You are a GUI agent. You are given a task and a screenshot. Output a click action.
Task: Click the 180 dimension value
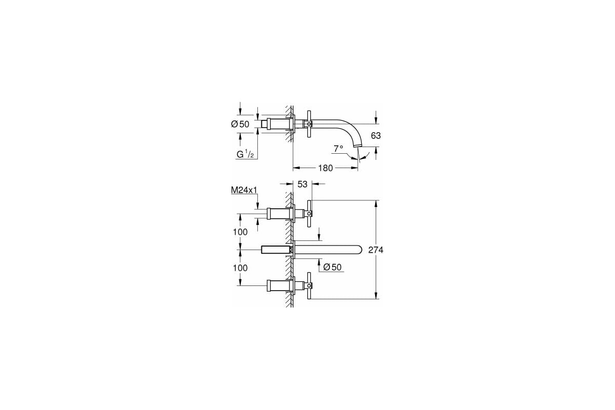tap(325, 168)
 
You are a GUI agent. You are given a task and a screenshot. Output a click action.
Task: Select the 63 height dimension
tap(376, 136)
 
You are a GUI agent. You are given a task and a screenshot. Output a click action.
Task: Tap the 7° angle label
tap(338, 149)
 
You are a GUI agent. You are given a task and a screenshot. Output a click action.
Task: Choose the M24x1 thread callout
tap(243, 191)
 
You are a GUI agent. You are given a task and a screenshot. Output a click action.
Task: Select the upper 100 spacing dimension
tap(240, 232)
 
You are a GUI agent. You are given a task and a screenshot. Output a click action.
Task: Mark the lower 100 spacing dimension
tap(240, 268)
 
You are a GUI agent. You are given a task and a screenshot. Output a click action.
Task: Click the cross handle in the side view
tap(309, 124)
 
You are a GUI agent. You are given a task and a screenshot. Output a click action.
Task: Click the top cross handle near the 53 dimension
tap(309, 213)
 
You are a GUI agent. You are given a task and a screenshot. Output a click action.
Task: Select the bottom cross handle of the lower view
tap(309, 286)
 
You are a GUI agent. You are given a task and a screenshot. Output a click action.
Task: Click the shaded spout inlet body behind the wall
tap(276, 250)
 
